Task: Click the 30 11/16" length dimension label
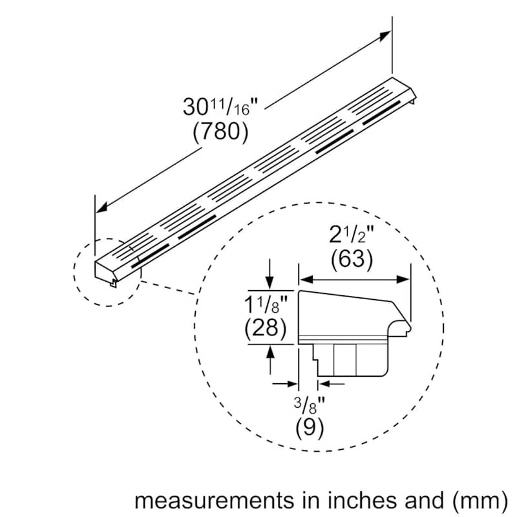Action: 220,107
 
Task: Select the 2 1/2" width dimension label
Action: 352,235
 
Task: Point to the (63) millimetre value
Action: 352,259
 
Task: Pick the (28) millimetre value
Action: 266,328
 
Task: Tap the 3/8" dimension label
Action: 310,405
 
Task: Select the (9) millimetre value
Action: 310,428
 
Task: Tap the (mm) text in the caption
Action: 480,501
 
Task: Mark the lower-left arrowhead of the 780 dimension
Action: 102,207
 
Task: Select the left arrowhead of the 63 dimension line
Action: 306,280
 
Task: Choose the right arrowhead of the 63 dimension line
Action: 403,280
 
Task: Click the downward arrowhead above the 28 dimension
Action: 269,282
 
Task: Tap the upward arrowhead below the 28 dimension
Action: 270,352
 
